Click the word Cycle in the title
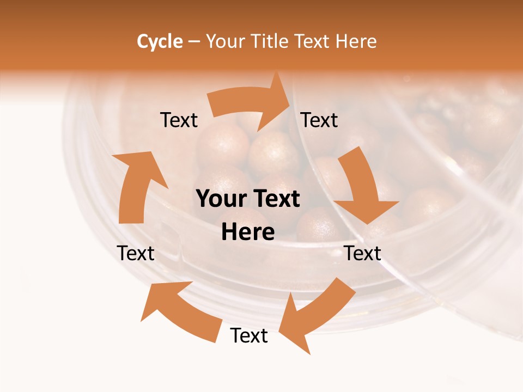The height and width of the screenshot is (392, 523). (x=160, y=41)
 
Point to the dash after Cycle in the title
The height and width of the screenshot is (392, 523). (x=194, y=41)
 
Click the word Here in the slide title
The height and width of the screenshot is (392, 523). (x=355, y=41)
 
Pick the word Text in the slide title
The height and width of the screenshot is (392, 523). (x=313, y=41)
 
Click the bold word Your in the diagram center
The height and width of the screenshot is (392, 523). (x=221, y=199)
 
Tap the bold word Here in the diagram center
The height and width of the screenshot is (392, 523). (x=248, y=232)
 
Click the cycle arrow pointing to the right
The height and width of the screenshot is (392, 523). (x=251, y=103)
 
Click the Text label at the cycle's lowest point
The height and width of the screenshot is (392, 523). (x=249, y=336)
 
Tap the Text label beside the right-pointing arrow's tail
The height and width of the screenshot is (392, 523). (x=179, y=120)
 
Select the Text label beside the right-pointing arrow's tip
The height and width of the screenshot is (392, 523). (x=320, y=120)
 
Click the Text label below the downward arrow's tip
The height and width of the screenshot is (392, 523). (x=363, y=253)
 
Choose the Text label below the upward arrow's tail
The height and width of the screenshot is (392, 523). (x=136, y=253)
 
